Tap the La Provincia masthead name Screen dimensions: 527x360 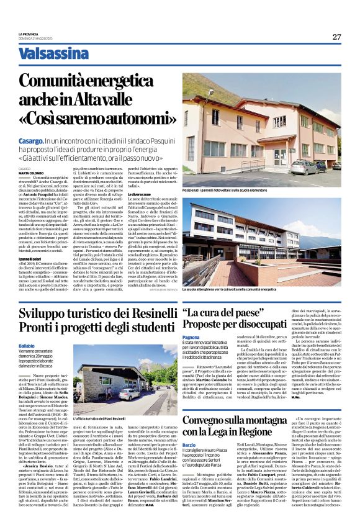click(x=29, y=34)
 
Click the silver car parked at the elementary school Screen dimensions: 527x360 click(x=304, y=168)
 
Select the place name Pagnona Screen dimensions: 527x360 click(x=192, y=336)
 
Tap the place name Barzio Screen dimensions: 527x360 click(x=190, y=462)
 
